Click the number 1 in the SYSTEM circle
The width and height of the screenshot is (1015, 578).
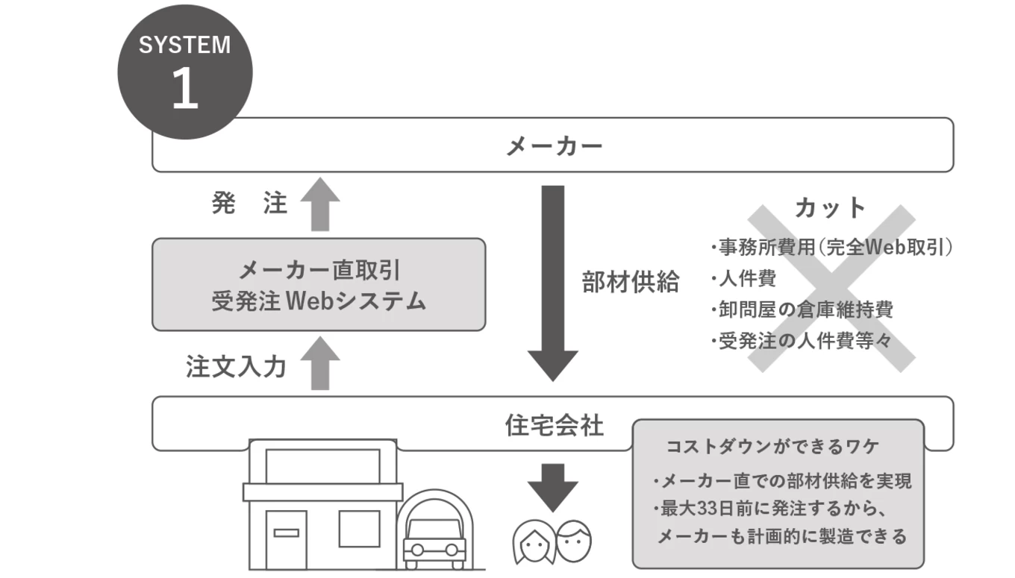pyautogui.click(x=184, y=90)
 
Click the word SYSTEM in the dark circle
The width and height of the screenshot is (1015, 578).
pyautogui.click(x=184, y=45)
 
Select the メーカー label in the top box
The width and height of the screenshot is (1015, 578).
pyautogui.click(x=554, y=145)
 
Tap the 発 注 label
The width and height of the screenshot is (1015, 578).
pyautogui.click(x=249, y=204)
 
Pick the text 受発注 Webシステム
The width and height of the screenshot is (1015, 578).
pyautogui.click(x=319, y=302)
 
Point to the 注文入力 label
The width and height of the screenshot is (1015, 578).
pyautogui.click(x=235, y=368)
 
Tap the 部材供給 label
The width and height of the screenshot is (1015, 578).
pyautogui.click(x=631, y=283)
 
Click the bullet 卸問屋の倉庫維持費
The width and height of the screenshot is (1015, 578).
pyautogui.click(x=802, y=310)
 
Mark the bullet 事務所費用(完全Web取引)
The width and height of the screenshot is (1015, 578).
pyautogui.click(x=831, y=248)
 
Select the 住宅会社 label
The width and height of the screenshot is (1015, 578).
pyautogui.click(x=554, y=426)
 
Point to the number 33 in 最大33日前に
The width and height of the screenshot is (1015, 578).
pyautogui.click(x=709, y=509)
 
